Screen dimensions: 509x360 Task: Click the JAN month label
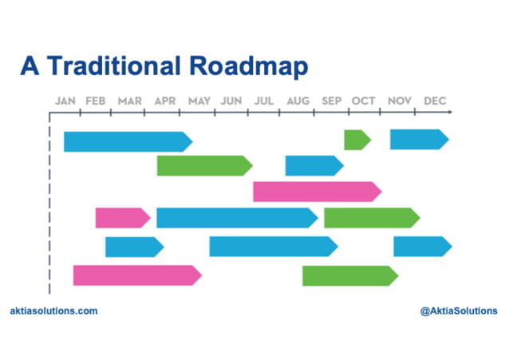click(x=65, y=101)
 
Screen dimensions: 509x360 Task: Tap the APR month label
click(x=165, y=101)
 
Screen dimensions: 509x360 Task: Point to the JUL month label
click(x=265, y=101)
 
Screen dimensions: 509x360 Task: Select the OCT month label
click(x=364, y=101)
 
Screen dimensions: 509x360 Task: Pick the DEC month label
click(x=435, y=101)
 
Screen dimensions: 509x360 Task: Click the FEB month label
click(x=95, y=101)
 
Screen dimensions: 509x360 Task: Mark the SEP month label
click(x=332, y=101)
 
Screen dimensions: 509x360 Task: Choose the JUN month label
click(x=231, y=101)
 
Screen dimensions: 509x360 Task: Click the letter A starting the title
click(x=29, y=67)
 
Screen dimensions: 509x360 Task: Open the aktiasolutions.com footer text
click(x=54, y=311)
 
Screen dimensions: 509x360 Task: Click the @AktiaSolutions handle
click(x=458, y=311)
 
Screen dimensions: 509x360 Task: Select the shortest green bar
click(x=357, y=140)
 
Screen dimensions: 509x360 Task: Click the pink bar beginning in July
click(x=316, y=192)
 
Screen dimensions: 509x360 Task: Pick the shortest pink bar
click(x=122, y=217)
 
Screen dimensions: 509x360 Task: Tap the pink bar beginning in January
click(x=136, y=275)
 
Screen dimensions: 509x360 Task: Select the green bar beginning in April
click(x=203, y=165)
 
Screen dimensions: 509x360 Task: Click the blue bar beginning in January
click(x=127, y=141)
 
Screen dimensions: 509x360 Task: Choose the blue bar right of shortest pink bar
click(x=236, y=217)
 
